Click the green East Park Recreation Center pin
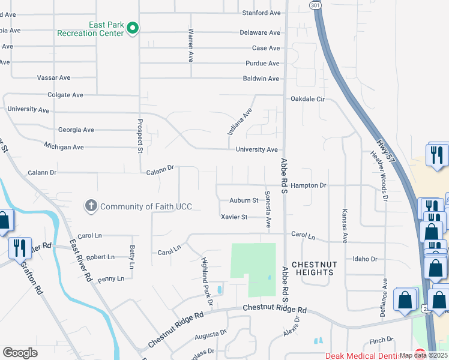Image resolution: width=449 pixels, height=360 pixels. click(x=133, y=28)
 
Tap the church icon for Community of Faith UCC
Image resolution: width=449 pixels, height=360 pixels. click(x=91, y=206)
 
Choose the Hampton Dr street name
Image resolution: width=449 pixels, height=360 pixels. click(x=308, y=186)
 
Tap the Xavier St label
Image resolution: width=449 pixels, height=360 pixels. click(x=234, y=217)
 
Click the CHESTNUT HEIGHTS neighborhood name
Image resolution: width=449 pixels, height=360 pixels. click(x=312, y=268)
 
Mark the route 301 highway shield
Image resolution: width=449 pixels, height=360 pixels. click(x=316, y=4)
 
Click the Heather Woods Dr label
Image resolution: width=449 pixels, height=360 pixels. click(x=379, y=175)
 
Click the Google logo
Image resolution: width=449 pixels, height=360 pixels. click(x=20, y=353)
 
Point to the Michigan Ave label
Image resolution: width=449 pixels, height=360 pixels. click(x=64, y=146)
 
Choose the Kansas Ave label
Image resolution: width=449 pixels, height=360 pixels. click(x=345, y=226)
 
